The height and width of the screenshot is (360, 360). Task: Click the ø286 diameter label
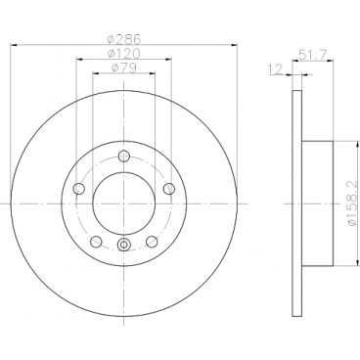[124, 40]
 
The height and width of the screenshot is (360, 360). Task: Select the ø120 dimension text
[124, 54]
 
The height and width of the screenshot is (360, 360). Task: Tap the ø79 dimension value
[124, 67]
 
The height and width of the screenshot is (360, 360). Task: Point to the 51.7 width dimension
[313, 55]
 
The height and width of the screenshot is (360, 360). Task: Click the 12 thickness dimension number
[275, 69]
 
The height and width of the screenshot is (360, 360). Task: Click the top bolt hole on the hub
[123, 156]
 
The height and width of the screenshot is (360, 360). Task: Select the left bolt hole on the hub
[79, 189]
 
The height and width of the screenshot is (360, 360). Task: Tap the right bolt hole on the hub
[169, 189]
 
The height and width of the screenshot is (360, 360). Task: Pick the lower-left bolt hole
[96, 242]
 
